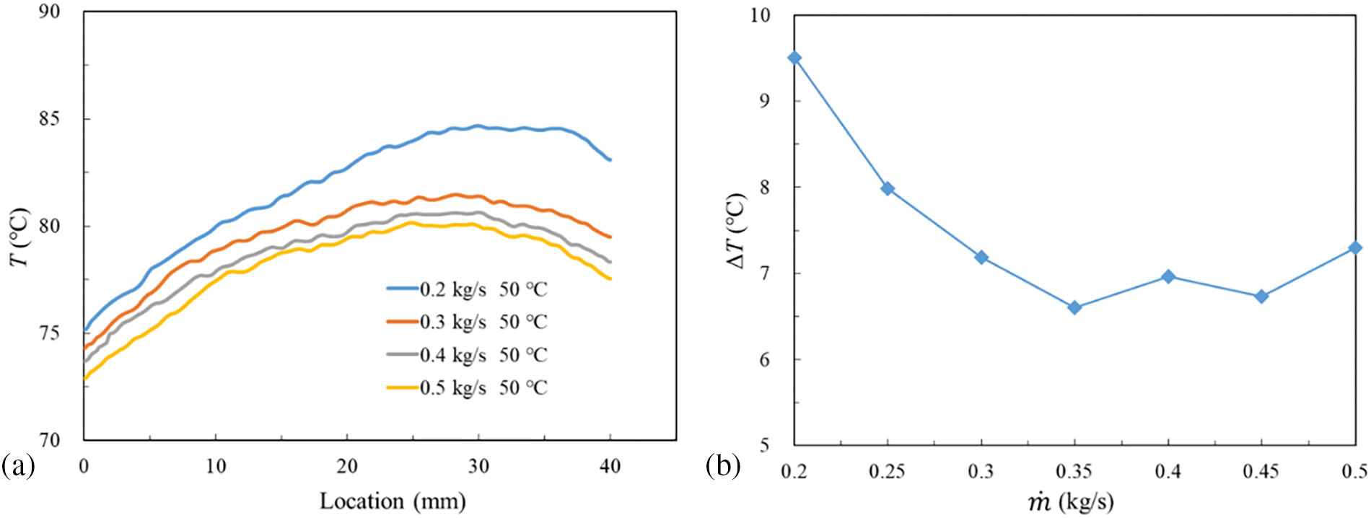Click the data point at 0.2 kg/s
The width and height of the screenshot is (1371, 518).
[794, 58]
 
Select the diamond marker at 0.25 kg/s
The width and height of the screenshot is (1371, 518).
[888, 189]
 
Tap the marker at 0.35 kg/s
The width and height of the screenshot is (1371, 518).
[1074, 307]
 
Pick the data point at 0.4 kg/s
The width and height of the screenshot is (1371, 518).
[1168, 276]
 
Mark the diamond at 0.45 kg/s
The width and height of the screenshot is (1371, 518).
[1261, 296]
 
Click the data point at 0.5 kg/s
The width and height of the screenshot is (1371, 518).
[1355, 247]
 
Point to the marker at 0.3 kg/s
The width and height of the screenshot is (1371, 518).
[981, 258]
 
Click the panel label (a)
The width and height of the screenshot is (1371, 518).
[18, 467]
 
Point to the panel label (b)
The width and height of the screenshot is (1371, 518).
[723, 467]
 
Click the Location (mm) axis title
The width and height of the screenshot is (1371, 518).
[393, 501]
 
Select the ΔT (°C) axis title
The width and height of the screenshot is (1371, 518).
[736, 231]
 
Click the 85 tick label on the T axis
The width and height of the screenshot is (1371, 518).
[50, 118]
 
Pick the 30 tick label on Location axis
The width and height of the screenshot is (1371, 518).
[478, 467]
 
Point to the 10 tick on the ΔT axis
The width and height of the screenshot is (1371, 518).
[760, 15]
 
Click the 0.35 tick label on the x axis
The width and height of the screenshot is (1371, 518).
[1074, 472]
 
